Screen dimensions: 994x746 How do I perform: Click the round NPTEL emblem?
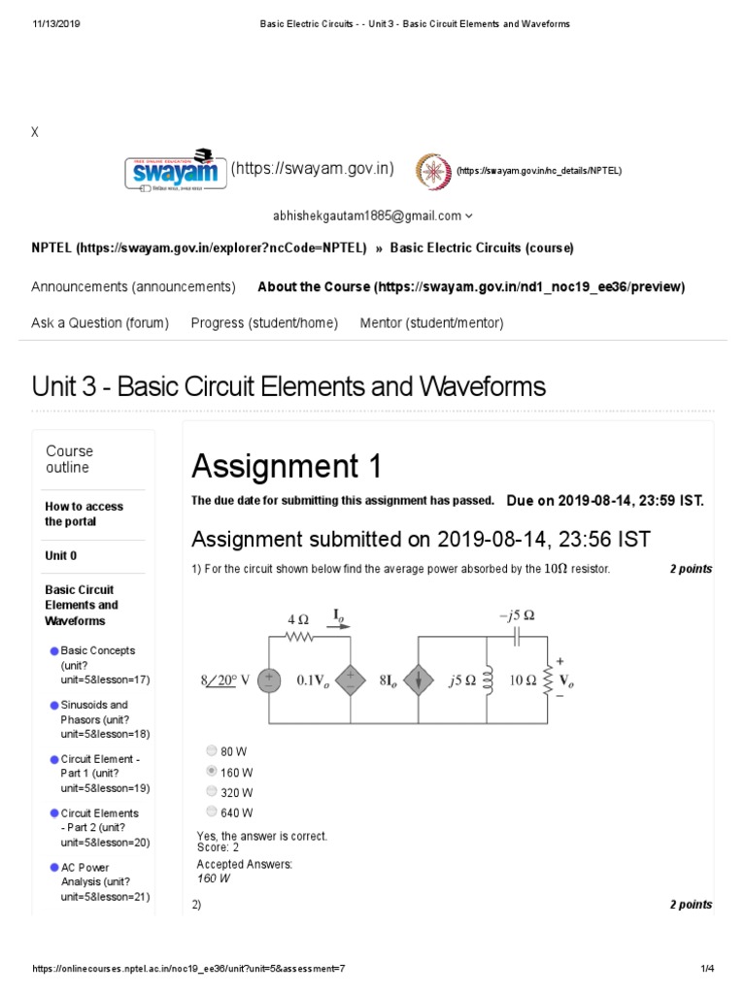(433, 171)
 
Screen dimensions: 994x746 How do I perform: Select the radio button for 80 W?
(212, 750)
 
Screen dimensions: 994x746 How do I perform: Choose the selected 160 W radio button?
(212, 772)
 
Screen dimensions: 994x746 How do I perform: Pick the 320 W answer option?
(212, 791)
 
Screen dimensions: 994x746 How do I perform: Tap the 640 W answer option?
(212, 812)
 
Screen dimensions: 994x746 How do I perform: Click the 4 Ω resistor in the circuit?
(297, 637)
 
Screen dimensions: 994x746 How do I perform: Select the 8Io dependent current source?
(418, 680)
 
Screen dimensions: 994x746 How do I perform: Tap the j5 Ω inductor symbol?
(486, 680)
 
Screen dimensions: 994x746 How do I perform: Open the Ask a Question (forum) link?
(100, 323)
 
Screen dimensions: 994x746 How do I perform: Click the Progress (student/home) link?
(264, 323)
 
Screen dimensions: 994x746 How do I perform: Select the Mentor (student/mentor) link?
(431, 323)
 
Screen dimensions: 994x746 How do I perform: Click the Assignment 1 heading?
(287, 467)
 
